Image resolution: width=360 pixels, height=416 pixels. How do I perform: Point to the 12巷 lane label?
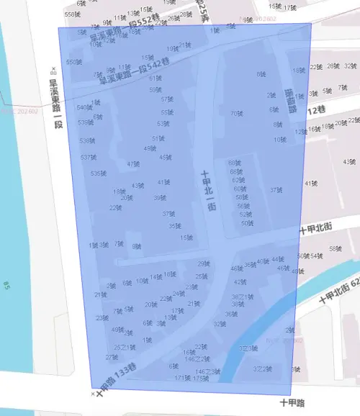tap(317, 109)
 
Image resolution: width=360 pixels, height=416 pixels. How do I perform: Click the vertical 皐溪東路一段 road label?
tap(53, 105)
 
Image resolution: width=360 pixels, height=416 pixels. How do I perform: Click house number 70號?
tap(236, 113)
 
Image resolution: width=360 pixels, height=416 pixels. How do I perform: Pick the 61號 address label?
tap(155, 78)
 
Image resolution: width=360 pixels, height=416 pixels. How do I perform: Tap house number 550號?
tap(73, 62)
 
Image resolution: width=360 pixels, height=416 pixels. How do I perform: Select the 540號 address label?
tap(84, 107)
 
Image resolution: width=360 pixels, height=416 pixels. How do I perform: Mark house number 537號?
tap(88, 157)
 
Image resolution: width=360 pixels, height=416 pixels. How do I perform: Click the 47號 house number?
tap(132, 164)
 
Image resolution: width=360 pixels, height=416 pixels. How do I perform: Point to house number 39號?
tap(160, 198)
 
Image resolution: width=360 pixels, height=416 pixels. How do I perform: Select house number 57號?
tap(167, 99)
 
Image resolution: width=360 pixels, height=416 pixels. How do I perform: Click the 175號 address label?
tap(201, 378)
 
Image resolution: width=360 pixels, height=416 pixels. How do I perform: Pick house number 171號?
tap(182, 378)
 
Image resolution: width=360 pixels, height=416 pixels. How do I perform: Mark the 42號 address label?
tap(240, 281)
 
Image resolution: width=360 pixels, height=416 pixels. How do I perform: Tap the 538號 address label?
tap(86, 141)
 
